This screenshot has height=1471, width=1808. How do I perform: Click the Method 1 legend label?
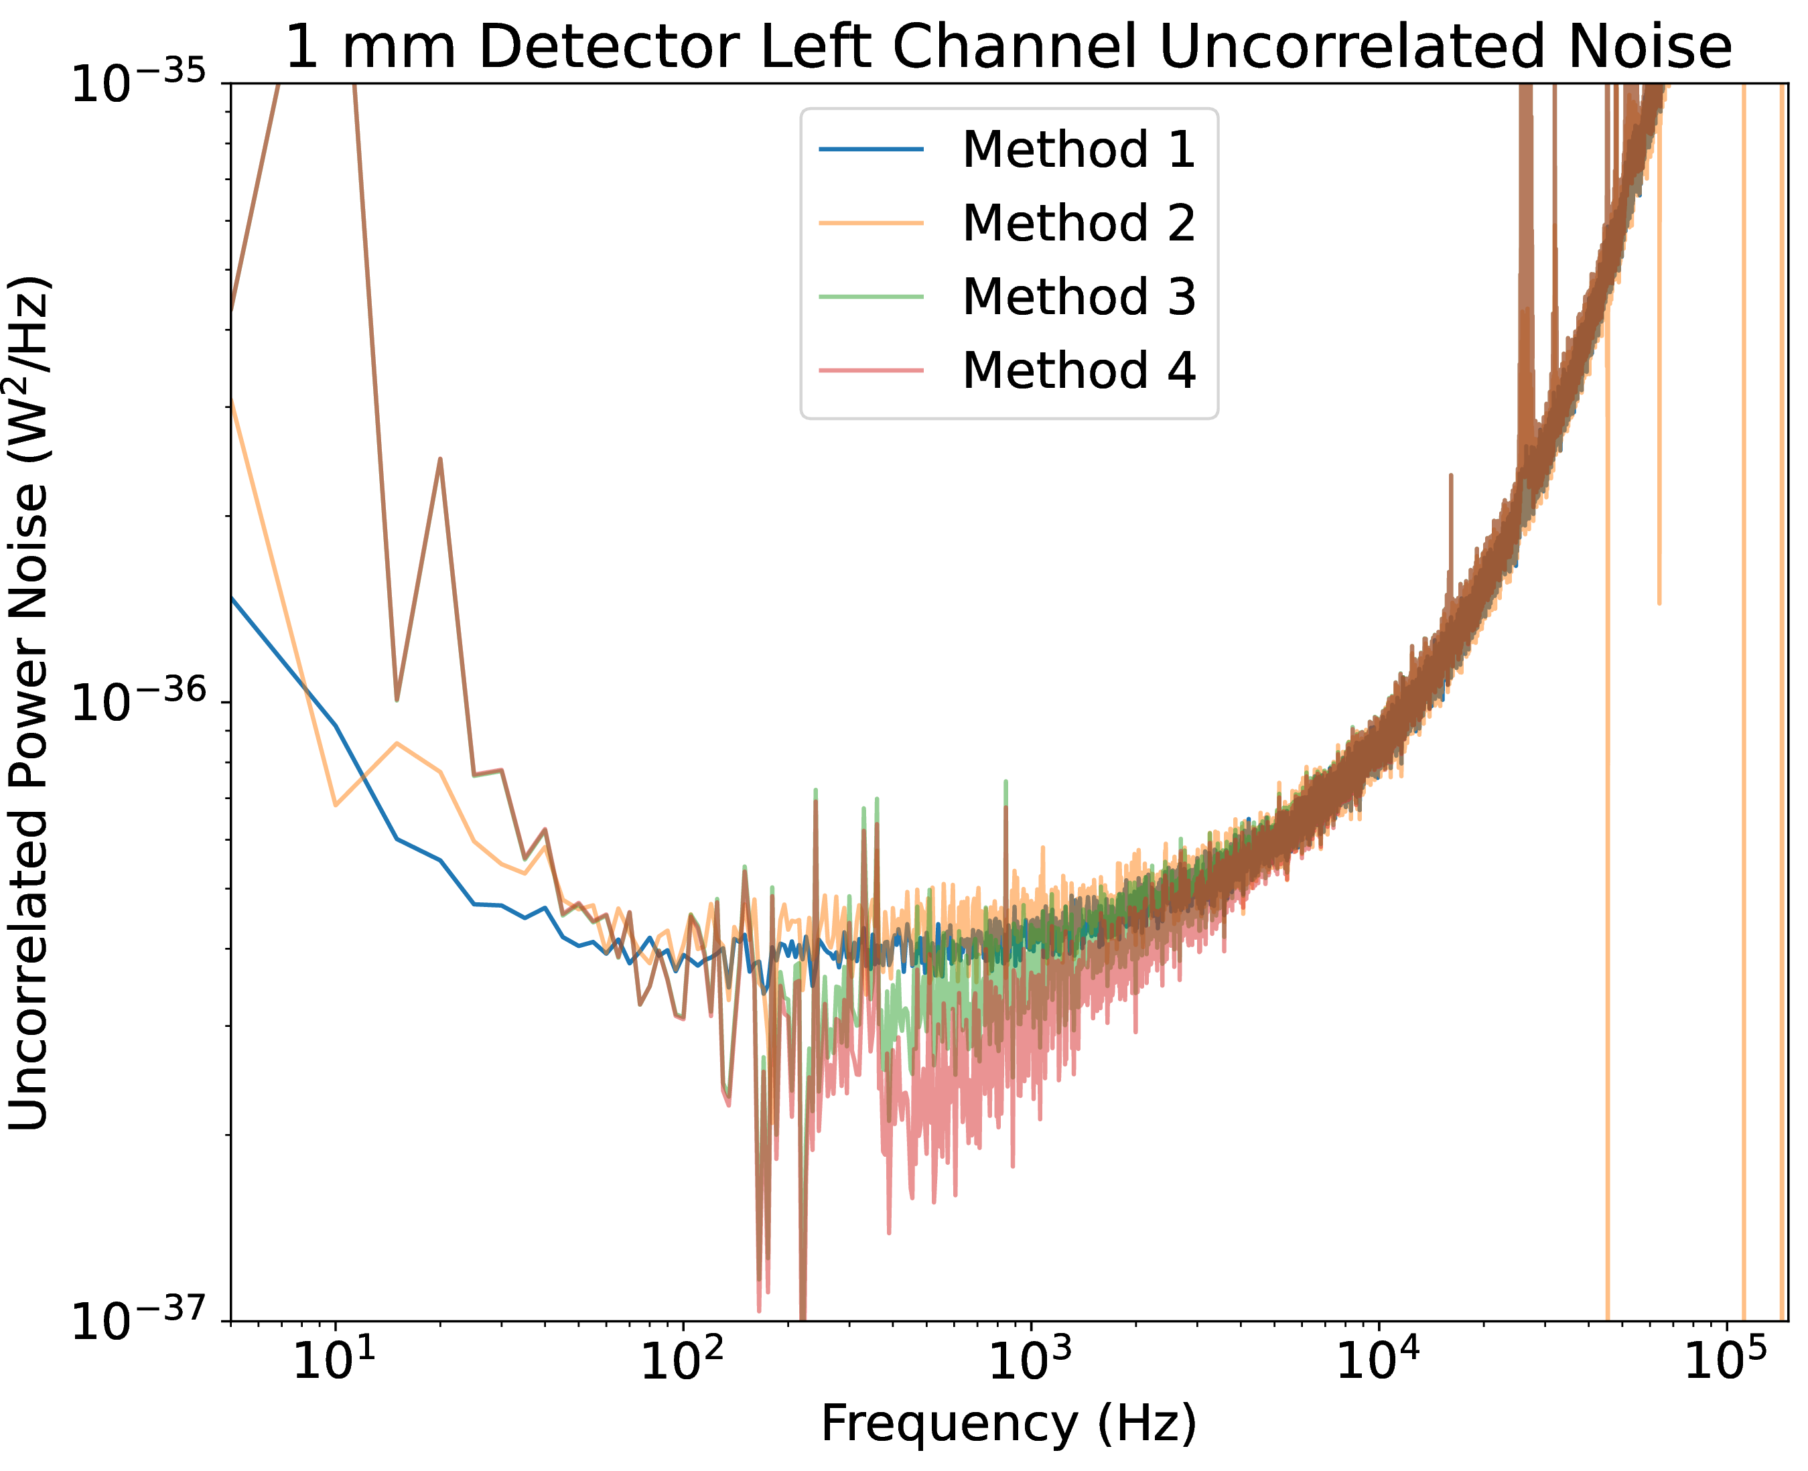click(1078, 149)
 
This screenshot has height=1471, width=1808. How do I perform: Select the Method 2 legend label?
click(1078, 223)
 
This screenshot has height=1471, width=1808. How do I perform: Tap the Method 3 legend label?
click(1078, 297)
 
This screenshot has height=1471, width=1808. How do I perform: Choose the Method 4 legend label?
click(1078, 370)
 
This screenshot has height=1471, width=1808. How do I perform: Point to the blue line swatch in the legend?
click(870, 150)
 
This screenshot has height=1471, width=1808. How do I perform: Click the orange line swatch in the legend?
click(870, 224)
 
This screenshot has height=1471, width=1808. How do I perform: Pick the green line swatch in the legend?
click(870, 297)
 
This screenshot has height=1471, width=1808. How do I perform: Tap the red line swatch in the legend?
click(870, 371)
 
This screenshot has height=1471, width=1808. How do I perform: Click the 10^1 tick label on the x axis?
click(334, 1361)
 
